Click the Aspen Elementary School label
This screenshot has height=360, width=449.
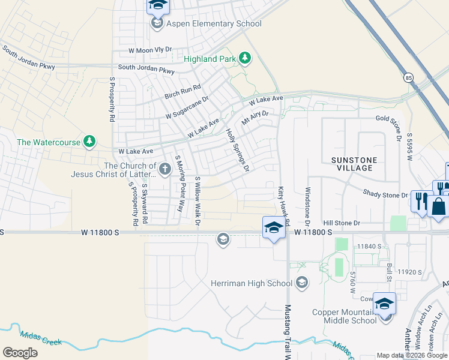(214, 24)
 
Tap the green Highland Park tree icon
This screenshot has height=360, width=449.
(245, 58)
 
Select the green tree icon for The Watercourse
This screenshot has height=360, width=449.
(89, 142)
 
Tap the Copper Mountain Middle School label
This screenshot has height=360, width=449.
(345, 316)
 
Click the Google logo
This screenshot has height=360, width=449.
(20, 352)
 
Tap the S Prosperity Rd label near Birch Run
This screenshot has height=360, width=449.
(112, 100)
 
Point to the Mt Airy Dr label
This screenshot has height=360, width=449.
(255, 116)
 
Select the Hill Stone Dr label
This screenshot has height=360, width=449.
(341, 223)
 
